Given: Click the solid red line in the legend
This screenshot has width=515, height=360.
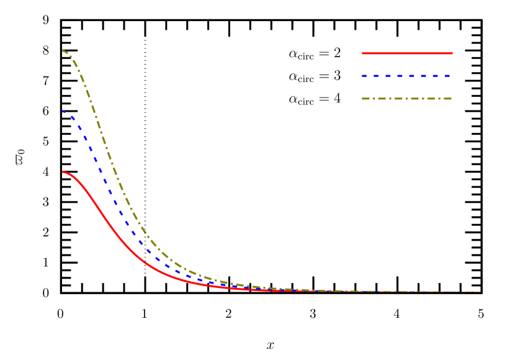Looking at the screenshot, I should tap(407, 53).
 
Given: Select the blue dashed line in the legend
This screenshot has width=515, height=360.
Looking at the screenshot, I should tap(407, 76).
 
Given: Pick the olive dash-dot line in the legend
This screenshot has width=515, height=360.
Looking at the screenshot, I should tap(407, 99).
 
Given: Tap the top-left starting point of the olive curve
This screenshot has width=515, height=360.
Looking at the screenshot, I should tap(63, 51).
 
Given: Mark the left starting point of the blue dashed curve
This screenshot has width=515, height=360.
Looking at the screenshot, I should tap(63, 112).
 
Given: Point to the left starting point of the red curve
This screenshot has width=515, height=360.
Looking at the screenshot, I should tap(63, 172).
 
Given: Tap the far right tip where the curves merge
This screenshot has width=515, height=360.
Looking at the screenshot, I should tap(479, 292).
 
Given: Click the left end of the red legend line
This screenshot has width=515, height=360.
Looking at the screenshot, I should tap(362, 53).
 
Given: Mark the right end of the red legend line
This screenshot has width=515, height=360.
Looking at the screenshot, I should tap(452, 53).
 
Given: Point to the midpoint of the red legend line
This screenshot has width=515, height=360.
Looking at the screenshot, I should tap(407, 53).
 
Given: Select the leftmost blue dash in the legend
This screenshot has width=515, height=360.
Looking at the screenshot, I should tap(364, 76).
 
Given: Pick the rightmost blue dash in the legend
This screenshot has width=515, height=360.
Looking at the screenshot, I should tap(447, 76).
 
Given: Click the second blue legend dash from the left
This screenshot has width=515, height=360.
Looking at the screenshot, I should tap(376, 76).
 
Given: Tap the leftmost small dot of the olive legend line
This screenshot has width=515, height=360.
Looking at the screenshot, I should tap(374, 99).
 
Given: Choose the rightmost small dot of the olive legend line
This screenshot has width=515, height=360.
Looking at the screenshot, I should tap(439, 99).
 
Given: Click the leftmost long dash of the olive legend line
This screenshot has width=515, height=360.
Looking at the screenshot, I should tap(365, 99).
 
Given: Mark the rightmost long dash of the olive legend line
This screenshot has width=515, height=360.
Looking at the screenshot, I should tap(448, 99).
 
